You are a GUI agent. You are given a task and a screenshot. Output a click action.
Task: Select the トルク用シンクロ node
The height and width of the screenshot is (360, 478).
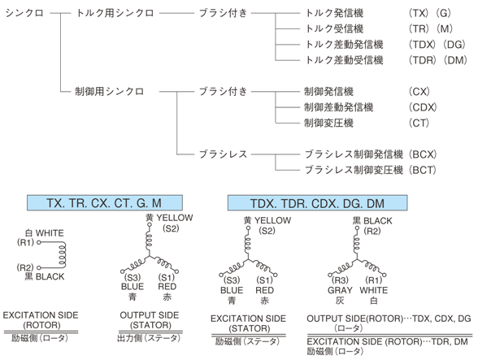point(109,13)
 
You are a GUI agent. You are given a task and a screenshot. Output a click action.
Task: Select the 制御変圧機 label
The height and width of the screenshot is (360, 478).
point(324,122)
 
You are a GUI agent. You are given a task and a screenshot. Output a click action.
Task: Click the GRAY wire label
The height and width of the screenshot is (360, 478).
point(337,288)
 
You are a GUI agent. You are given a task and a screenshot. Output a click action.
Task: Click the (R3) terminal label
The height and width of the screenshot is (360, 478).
point(337,278)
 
